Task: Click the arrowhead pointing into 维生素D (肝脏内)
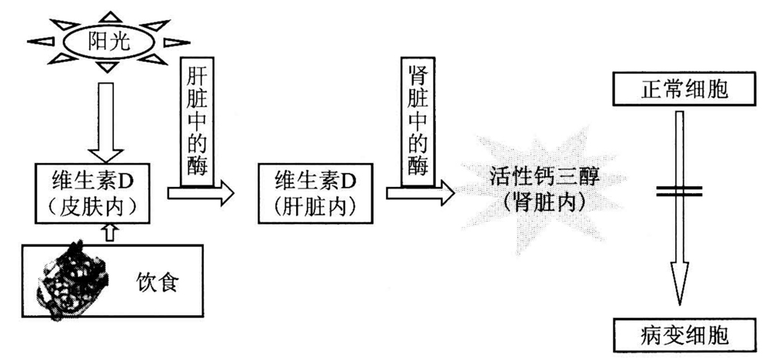click(x=224, y=195)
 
